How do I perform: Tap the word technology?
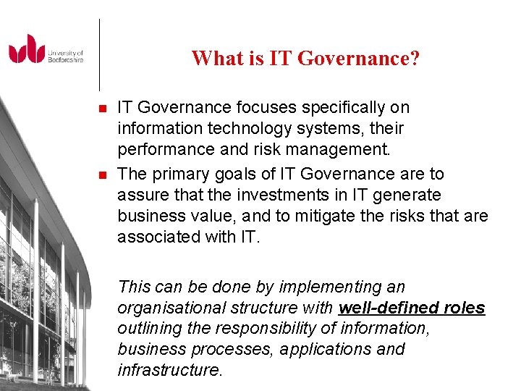[244, 129]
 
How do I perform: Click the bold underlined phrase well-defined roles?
[412, 308]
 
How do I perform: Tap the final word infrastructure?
[169, 370]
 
